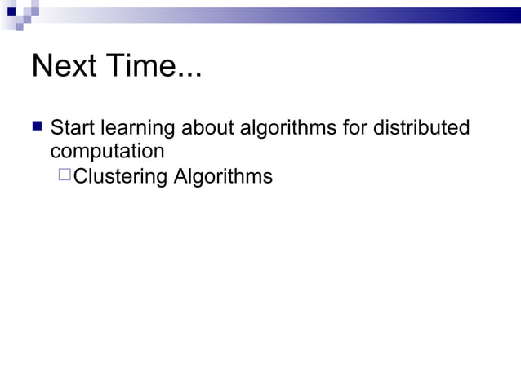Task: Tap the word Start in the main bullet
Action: click(73, 129)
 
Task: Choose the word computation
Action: click(107, 153)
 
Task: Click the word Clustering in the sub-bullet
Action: click(120, 177)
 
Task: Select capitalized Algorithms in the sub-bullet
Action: click(222, 177)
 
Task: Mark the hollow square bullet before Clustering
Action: click(65, 175)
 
